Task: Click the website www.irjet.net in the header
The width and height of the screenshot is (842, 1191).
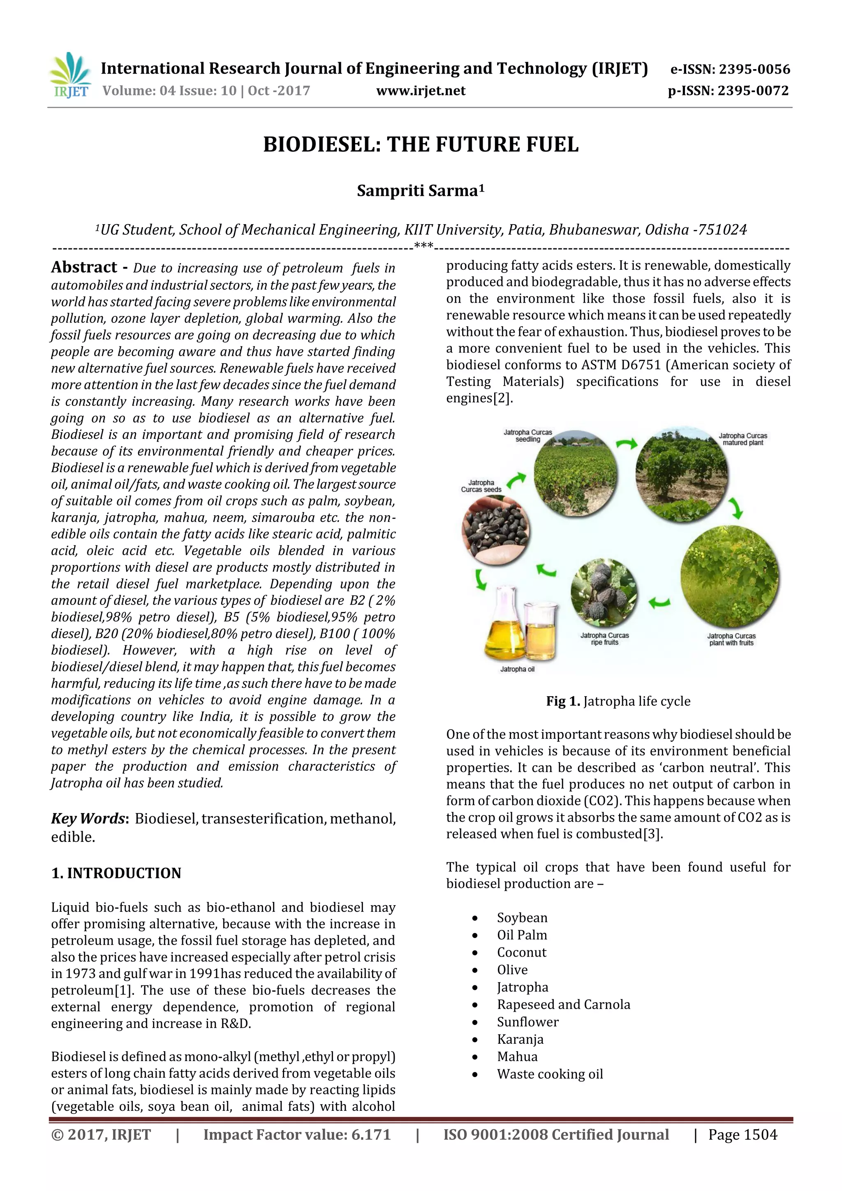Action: (x=421, y=91)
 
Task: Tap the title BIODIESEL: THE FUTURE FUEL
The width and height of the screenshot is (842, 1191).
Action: (x=421, y=144)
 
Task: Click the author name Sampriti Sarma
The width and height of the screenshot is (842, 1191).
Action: (x=420, y=191)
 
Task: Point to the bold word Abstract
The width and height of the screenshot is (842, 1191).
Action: (x=84, y=267)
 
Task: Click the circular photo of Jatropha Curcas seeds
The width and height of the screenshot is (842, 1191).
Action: (x=496, y=530)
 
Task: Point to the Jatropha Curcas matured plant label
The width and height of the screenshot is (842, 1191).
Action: (x=743, y=439)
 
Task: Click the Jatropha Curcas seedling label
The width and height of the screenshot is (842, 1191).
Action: (x=527, y=436)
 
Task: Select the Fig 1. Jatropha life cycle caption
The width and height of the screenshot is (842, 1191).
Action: (x=618, y=701)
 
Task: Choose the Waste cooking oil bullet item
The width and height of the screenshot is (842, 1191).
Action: (x=550, y=1074)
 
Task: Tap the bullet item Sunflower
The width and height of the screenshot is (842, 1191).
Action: (x=527, y=1022)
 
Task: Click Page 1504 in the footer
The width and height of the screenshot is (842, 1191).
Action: (x=743, y=1135)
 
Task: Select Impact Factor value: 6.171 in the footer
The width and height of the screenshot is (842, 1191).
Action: (x=296, y=1135)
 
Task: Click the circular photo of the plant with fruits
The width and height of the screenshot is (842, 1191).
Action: (x=729, y=576)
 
